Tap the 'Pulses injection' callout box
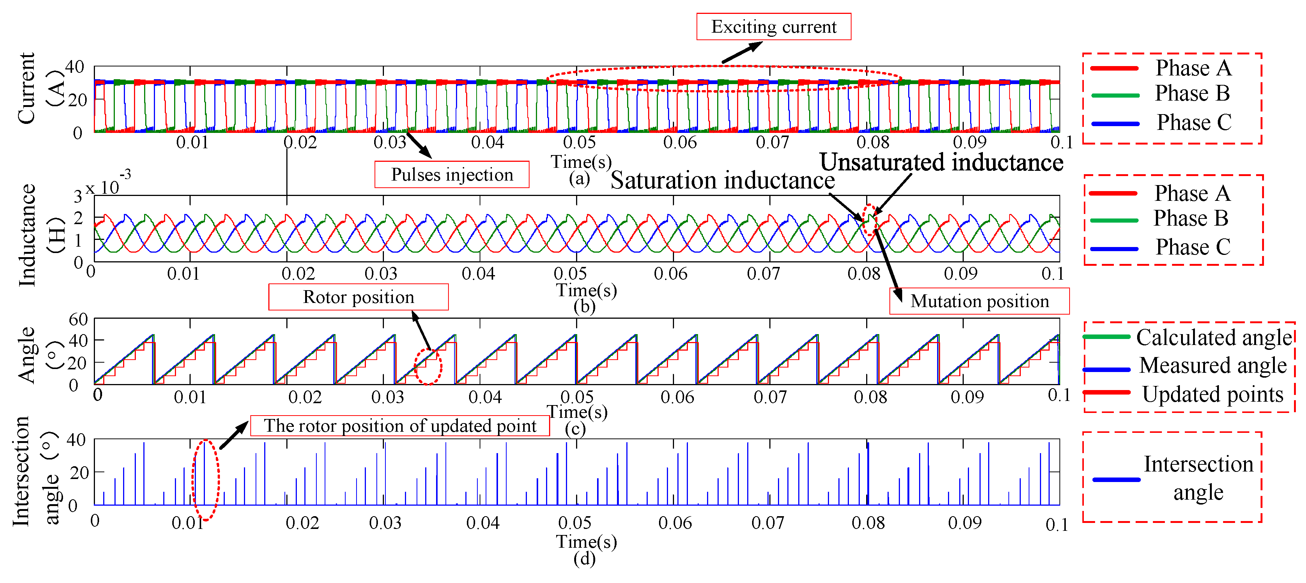tap(452, 175)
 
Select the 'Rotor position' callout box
tap(358, 297)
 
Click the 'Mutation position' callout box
tap(979, 301)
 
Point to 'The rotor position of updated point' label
tap(400, 425)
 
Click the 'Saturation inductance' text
tap(722, 181)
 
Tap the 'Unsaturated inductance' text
tap(941, 162)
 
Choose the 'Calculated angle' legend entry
tap(1214, 337)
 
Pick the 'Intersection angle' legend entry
tap(1198, 478)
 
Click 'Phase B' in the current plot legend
tap(1192, 93)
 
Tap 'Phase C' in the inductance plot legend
tap(1192, 247)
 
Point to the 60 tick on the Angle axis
tap(78, 319)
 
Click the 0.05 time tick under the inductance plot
tap(570, 274)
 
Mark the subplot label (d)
tap(584, 559)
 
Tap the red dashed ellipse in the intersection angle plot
tap(205, 480)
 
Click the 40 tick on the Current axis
tap(75, 67)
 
